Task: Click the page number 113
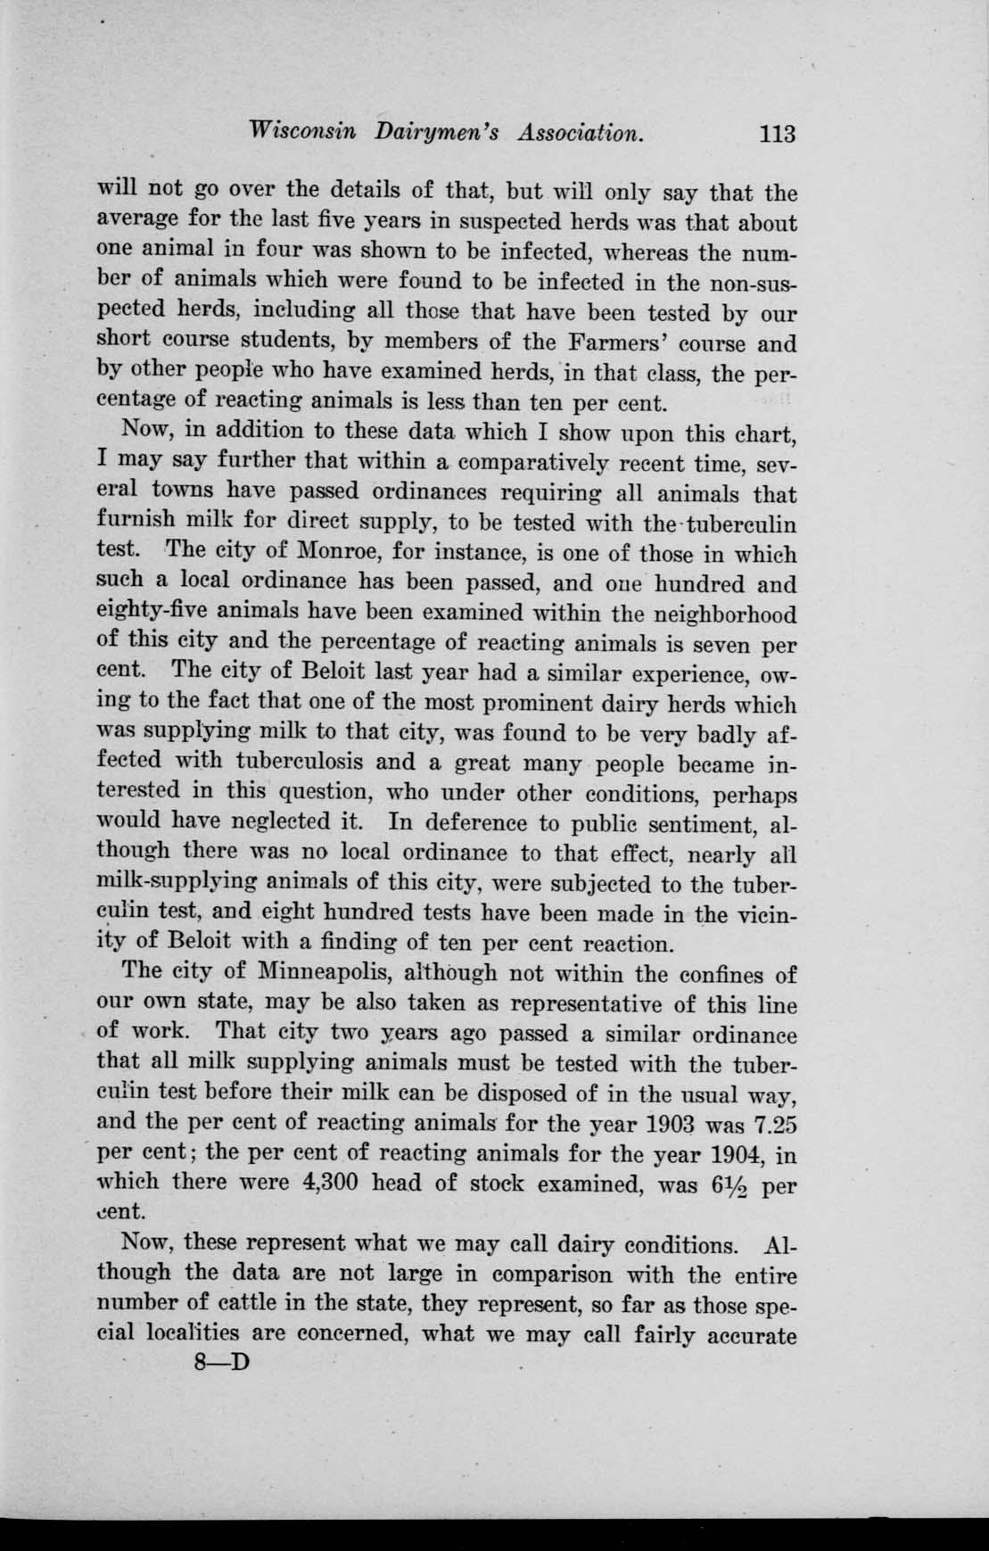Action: (775, 135)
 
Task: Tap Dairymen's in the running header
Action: (434, 133)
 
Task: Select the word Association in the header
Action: (580, 133)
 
